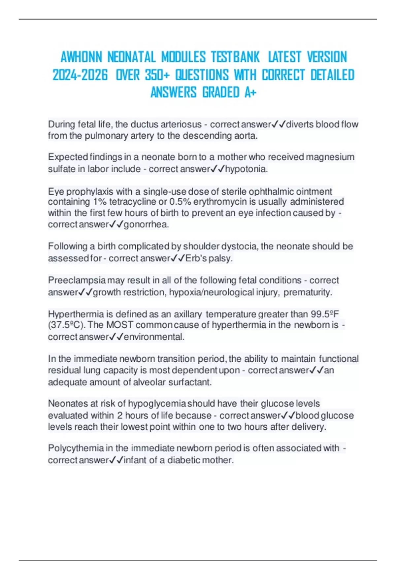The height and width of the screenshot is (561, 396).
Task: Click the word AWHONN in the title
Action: point(81,57)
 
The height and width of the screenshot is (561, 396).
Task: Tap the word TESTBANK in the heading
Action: point(235,57)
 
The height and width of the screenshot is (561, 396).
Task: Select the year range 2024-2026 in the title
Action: point(80,75)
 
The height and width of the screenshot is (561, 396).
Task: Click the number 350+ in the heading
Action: point(157,75)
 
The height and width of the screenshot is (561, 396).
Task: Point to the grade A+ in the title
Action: point(250,92)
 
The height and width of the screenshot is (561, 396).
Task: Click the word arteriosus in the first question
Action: point(180,124)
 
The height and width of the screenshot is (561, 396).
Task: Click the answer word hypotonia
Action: point(246,169)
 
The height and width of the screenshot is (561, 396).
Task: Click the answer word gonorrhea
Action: point(146,224)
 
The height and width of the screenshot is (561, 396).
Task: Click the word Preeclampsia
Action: point(77,280)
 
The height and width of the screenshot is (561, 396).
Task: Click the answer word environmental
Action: point(154,337)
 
